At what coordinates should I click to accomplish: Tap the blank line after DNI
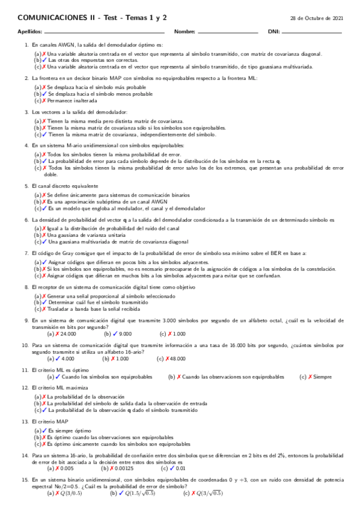pos(312,32)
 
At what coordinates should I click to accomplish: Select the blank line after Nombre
pos(228,32)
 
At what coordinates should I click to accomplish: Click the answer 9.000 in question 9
pos(126,333)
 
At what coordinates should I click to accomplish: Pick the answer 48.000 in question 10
pos(177,358)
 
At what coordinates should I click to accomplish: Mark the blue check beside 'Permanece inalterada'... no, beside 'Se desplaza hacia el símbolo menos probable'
pos(44,94)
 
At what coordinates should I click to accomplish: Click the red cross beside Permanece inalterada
pos(44,100)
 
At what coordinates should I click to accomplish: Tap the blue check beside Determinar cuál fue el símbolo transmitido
pos(44,303)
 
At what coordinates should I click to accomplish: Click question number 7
pos(26,253)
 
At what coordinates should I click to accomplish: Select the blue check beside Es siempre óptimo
pos(44,431)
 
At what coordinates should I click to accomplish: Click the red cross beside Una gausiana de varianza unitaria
pos(44,235)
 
